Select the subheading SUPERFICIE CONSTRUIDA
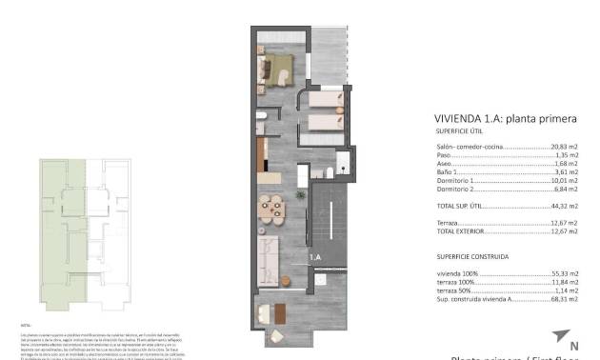coord(471,256)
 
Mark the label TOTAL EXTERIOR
coord(460,231)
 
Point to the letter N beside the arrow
coord(573,345)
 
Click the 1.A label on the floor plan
coord(314,257)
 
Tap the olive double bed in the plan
coord(277,70)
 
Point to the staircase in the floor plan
coord(330,220)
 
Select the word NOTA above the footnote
coord(27,324)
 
